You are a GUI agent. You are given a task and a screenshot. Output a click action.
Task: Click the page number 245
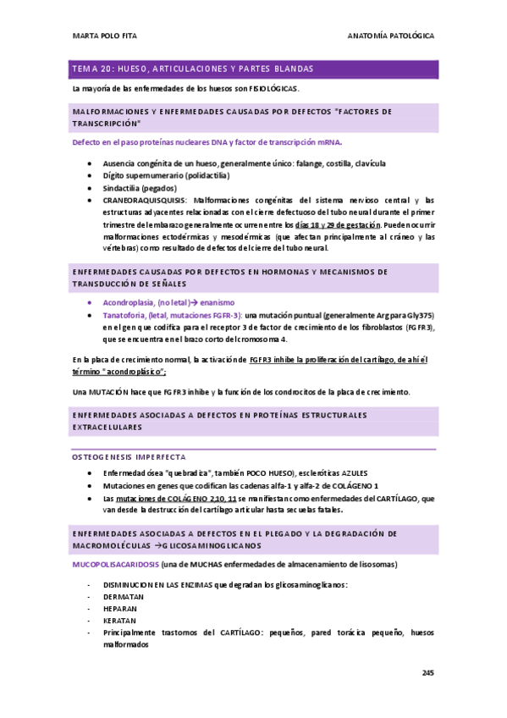pos(427,673)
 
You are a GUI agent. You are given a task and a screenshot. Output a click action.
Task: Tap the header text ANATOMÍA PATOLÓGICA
pos(392,36)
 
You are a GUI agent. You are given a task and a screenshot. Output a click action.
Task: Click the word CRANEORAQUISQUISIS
pos(139,200)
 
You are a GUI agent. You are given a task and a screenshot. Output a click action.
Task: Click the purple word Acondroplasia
pos(128,302)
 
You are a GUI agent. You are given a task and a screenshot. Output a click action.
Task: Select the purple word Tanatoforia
pos(124,314)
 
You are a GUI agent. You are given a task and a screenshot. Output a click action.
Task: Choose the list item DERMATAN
pos(123,596)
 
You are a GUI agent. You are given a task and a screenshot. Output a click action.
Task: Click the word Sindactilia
pos(121,187)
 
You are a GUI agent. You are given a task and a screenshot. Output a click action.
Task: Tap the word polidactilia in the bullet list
pos(204,175)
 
